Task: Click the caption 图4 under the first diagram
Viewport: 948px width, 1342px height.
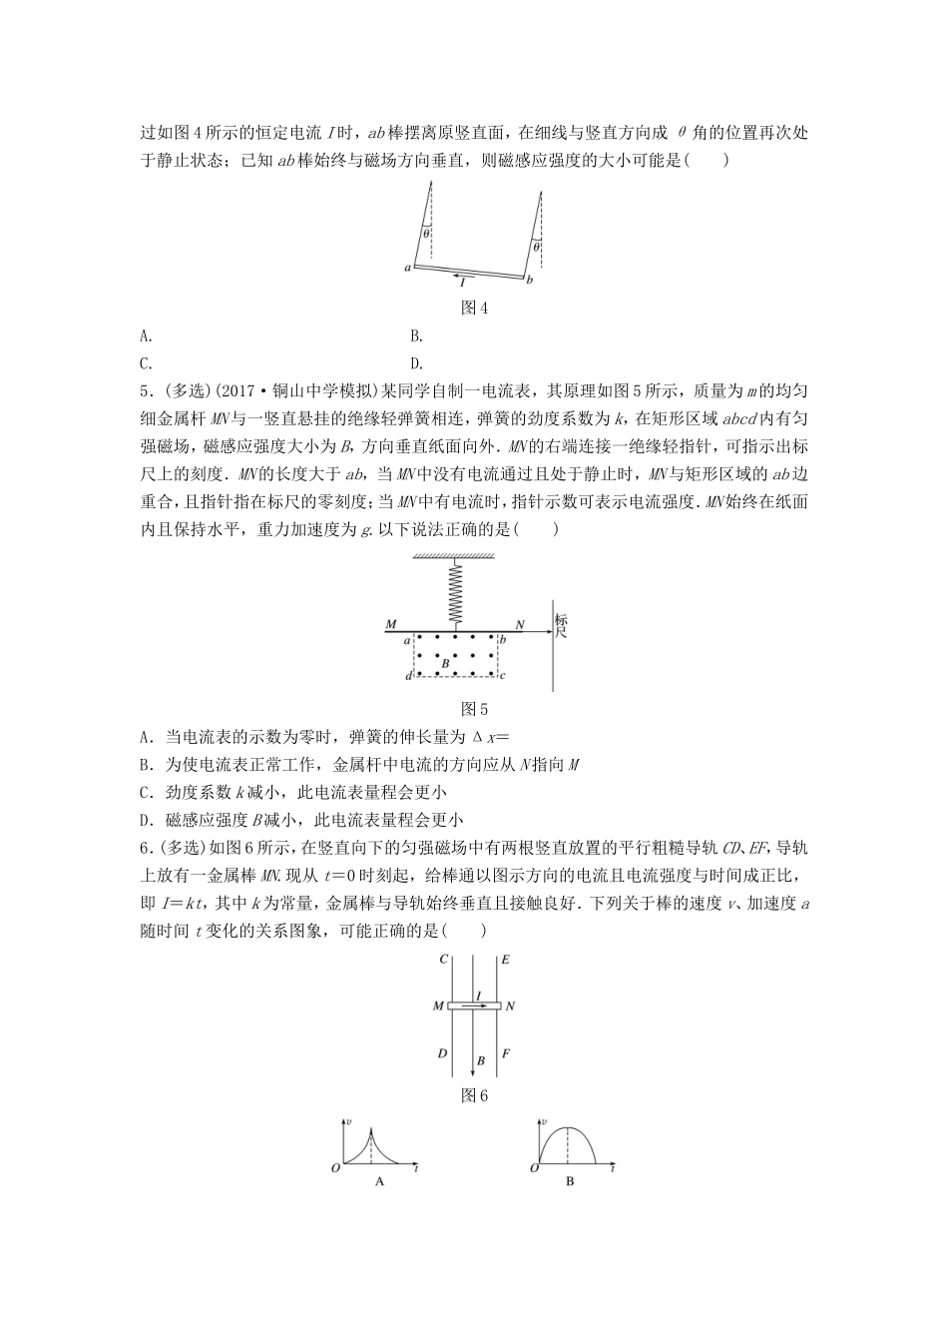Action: (x=473, y=309)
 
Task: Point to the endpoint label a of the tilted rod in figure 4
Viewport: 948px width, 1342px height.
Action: (x=407, y=268)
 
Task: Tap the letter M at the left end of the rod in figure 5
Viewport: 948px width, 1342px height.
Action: (x=389, y=625)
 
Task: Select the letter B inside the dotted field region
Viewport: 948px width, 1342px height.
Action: (x=446, y=662)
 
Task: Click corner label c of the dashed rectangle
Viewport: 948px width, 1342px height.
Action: (x=504, y=675)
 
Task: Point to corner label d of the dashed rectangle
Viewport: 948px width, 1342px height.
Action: (x=409, y=676)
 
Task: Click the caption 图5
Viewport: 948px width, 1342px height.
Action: (x=473, y=710)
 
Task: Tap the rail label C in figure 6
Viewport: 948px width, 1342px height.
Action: (x=442, y=960)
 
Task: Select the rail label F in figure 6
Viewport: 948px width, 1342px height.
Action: (x=506, y=1052)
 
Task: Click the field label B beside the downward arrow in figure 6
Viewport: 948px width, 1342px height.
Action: (x=481, y=1060)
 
